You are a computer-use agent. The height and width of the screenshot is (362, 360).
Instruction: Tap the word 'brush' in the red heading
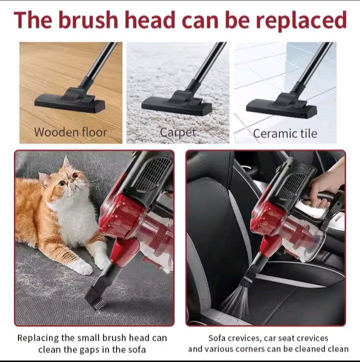point(88,19)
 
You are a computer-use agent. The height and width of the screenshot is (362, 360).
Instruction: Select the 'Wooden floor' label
point(70,132)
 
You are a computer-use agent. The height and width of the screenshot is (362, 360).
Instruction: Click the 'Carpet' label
point(177,132)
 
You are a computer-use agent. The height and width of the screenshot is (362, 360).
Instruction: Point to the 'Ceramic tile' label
point(285,133)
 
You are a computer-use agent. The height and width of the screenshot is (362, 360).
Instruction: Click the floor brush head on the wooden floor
point(70,101)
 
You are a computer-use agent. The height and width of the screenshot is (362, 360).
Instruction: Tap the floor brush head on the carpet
point(177,103)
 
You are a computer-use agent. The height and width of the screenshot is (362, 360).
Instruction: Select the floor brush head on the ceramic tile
point(281,105)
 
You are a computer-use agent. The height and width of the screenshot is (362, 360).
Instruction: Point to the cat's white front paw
point(80,268)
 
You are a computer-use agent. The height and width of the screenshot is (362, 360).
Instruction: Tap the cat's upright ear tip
point(66,156)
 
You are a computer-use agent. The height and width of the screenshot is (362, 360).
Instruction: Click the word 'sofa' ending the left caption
point(136,350)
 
